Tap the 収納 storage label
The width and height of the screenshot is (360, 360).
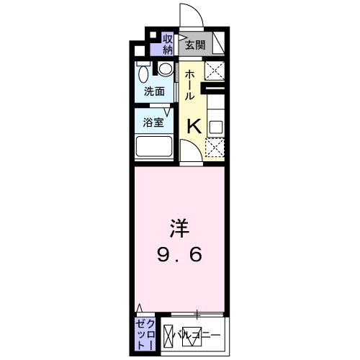click(x=168, y=44)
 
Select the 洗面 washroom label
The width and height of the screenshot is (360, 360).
click(x=153, y=91)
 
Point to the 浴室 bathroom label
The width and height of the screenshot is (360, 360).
click(x=153, y=122)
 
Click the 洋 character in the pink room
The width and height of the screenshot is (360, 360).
click(x=179, y=228)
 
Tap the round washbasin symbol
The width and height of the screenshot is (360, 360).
click(x=166, y=71)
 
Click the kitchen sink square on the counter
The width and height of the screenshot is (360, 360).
click(x=215, y=127)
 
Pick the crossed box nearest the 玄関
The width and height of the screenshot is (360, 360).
click(x=215, y=70)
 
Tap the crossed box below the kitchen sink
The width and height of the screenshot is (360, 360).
click(x=215, y=148)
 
